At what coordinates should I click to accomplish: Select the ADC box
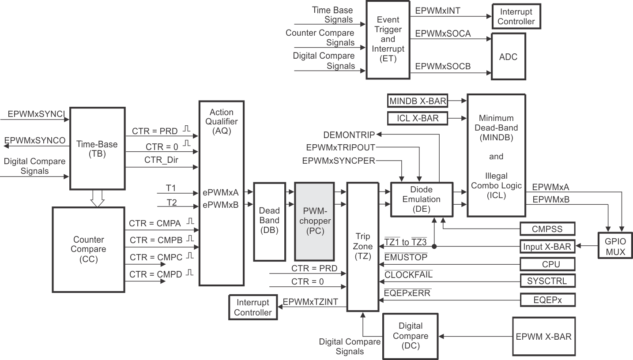point(508,57)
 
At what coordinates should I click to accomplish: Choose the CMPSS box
point(548,229)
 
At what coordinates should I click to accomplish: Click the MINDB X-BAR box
point(417,101)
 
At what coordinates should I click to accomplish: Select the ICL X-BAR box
point(417,118)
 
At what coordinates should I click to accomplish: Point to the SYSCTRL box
point(548,281)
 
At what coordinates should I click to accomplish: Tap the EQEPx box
point(548,300)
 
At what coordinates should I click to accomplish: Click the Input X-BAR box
point(548,247)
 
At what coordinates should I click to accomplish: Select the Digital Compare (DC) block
point(411,336)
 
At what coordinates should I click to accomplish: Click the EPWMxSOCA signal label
point(443,33)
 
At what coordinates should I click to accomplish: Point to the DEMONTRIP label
point(349,135)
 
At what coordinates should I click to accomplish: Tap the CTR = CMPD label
point(155,274)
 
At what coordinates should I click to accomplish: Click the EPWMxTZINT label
point(310,302)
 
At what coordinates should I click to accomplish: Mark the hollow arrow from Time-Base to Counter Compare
point(97,198)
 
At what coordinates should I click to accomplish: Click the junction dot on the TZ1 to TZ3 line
point(434,247)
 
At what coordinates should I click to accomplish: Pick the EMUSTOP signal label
point(406,257)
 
